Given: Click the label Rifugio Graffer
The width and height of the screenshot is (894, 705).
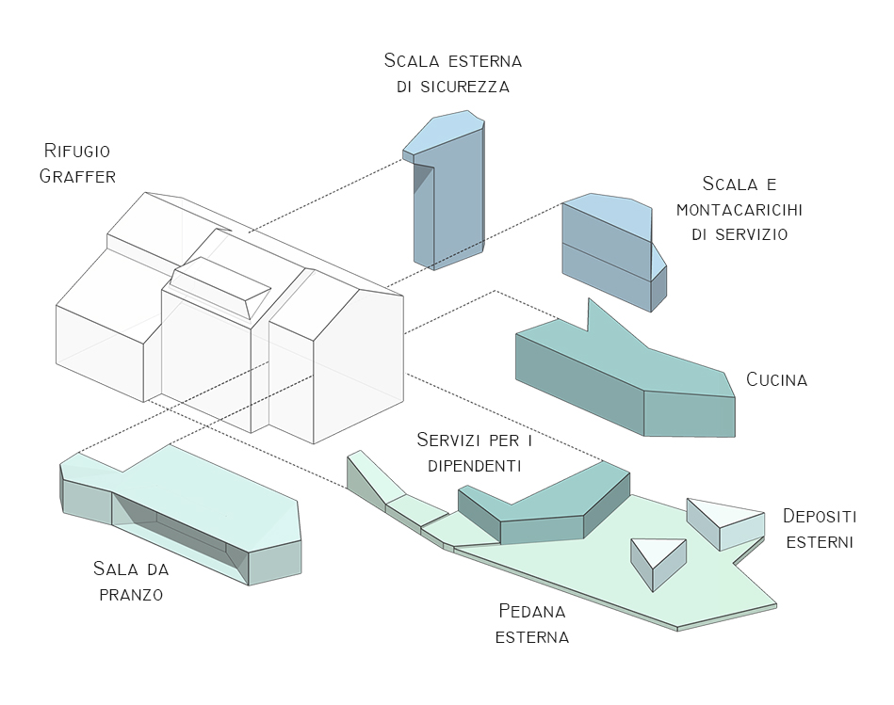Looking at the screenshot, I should (x=77, y=163).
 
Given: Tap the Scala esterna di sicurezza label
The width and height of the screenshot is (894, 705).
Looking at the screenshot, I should (x=452, y=73).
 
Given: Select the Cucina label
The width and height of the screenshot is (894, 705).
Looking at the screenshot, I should (x=776, y=380).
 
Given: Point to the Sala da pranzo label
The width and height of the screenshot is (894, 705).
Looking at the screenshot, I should (x=128, y=581).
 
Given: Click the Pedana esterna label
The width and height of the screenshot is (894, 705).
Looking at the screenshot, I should (x=533, y=623).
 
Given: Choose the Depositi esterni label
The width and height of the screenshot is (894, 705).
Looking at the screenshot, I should (x=820, y=529).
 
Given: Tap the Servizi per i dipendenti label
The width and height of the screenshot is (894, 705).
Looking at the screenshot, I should (x=469, y=453).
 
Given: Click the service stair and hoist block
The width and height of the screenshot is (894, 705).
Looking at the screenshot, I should (x=610, y=254).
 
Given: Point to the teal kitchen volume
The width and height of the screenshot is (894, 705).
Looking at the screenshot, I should (x=622, y=377).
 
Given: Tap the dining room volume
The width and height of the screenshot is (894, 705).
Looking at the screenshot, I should (x=188, y=513).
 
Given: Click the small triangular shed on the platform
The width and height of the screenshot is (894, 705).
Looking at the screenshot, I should (x=657, y=560).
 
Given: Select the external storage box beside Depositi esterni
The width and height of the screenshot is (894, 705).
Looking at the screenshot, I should (x=725, y=522).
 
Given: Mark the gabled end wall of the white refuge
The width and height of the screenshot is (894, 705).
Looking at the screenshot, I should (x=358, y=362).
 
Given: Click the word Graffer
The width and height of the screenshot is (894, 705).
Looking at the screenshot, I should (x=77, y=175).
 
